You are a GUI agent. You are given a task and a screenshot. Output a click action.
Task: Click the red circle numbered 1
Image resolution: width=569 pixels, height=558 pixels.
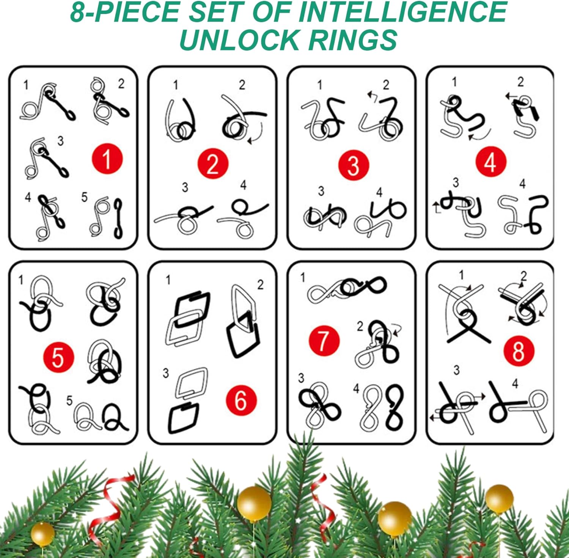(107, 159)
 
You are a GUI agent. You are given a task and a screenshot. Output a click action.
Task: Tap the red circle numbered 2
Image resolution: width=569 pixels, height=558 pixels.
(212, 164)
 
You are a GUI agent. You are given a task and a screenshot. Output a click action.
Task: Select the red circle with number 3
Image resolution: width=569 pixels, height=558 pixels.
(354, 165)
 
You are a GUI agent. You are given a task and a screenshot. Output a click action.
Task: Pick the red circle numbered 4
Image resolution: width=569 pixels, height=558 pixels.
(491, 162)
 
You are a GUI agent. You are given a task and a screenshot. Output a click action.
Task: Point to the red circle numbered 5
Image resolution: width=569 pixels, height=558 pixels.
(58, 357)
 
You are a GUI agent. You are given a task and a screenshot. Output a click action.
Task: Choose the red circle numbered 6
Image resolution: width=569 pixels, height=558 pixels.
(241, 400)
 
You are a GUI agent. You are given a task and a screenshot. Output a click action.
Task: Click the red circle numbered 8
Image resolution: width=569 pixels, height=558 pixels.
(519, 351)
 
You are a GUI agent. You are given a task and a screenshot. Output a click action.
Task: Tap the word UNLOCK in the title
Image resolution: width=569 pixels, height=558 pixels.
(239, 40)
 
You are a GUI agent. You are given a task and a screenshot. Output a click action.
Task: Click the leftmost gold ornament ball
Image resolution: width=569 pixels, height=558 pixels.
(42, 534)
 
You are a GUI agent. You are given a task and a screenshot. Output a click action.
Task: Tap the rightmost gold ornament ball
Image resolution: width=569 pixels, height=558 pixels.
(499, 499)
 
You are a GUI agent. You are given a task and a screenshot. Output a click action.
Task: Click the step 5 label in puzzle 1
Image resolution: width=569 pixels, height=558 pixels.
(84, 197)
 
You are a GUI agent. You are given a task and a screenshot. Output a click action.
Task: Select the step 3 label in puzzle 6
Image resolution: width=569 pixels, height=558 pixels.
(166, 373)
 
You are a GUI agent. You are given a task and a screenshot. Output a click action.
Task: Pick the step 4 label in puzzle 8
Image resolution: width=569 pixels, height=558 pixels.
(515, 384)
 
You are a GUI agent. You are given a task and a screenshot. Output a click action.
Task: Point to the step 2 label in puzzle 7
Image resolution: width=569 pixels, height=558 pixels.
(360, 326)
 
